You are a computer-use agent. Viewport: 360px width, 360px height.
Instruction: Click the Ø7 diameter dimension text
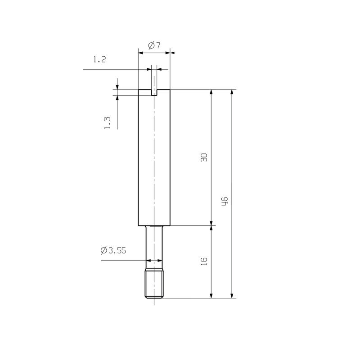coord(154,45)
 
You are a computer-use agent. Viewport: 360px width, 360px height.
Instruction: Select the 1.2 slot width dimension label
coord(99,59)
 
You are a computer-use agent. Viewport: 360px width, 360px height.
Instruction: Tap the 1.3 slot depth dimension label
coord(107,122)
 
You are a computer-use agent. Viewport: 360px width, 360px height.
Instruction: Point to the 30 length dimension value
coord(204,157)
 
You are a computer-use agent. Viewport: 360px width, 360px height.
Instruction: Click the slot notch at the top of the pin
coord(154,92)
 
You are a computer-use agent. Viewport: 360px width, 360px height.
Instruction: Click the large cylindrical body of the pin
coord(154,157)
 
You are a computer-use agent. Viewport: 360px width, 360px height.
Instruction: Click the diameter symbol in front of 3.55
coord(104,251)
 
